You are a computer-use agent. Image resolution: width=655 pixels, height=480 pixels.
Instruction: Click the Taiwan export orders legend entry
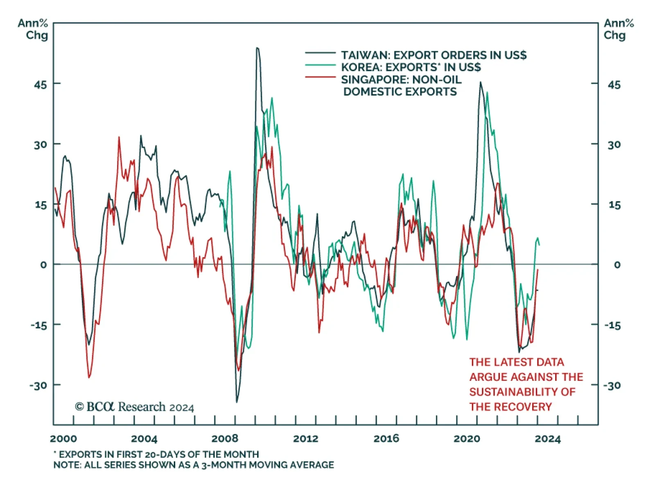click(x=434, y=55)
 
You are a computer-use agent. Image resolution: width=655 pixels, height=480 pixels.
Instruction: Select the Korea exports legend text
click(x=411, y=67)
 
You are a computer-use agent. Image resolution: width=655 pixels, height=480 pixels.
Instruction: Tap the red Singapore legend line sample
click(x=320, y=77)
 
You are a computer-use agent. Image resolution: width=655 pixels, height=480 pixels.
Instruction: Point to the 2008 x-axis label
click(x=225, y=439)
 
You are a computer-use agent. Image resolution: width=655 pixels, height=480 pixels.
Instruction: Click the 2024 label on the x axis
click(x=547, y=439)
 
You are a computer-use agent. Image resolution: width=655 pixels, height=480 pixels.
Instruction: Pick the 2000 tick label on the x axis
click(x=63, y=439)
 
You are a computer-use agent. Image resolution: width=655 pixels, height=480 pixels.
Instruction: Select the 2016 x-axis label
click(x=386, y=439)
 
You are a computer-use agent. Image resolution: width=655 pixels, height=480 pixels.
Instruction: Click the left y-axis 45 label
click(x=41, y=85)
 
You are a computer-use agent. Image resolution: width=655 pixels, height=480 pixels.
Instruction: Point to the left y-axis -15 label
click(x=39, y=325)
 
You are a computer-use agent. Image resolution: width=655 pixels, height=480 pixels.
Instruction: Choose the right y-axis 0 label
click(x=617, y=265)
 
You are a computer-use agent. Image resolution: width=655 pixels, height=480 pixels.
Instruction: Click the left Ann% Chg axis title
click(x=33, y=29)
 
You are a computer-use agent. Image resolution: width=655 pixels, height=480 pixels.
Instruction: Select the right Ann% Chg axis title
click(x=618, y=29)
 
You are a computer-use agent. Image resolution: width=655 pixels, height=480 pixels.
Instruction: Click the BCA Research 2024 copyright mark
click(x=134, y=407)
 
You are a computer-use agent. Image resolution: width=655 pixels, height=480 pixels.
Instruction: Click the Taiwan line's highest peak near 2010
click(x=257, y=48)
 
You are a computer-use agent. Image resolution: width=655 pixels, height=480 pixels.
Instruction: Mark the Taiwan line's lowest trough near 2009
click(x=237, y=402)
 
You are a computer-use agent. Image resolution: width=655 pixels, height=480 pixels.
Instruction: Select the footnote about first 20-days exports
click(x=156, y=454)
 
